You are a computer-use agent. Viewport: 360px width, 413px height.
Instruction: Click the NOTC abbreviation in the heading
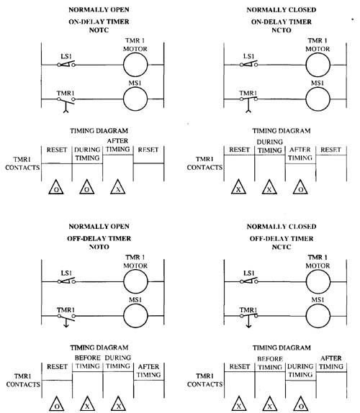point(99,30)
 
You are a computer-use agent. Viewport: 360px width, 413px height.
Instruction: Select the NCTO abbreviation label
point(282,30)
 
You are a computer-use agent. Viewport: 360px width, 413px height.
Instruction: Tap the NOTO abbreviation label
point(99,247)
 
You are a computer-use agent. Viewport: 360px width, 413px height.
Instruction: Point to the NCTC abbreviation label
point(282,247)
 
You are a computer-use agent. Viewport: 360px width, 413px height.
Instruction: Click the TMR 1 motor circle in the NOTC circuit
point(135,65)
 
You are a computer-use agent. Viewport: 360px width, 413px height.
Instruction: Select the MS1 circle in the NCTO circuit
point(318,99)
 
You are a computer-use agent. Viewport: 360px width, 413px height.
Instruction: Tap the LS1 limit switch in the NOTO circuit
point(66,281)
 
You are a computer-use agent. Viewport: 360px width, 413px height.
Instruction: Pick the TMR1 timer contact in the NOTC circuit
point(66,104)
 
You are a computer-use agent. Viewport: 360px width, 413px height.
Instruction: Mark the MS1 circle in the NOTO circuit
point(135,316)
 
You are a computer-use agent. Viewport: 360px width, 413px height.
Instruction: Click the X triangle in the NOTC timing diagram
point(118,187)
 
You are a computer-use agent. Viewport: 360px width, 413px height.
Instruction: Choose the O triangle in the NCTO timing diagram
point(300,187)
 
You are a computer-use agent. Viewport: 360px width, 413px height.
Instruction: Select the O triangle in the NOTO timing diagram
point(57,404)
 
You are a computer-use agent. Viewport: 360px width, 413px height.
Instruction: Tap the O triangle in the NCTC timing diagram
point(300,404)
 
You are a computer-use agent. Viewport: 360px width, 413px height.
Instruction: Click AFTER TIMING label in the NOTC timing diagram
point(118,145)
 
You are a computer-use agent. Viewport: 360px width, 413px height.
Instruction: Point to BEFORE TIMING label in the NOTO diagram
point(88,362)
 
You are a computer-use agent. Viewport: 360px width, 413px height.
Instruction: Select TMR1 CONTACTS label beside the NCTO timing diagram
point(204,163)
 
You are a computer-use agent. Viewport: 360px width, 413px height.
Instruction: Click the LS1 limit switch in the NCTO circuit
point(249,64)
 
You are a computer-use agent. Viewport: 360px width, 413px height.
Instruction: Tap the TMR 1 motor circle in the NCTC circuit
point(318,281)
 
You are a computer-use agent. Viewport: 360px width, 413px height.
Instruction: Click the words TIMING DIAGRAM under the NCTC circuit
point(282,348)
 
